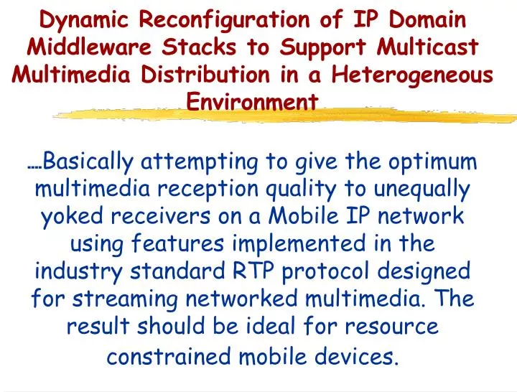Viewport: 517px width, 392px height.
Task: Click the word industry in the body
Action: point(76,271)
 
